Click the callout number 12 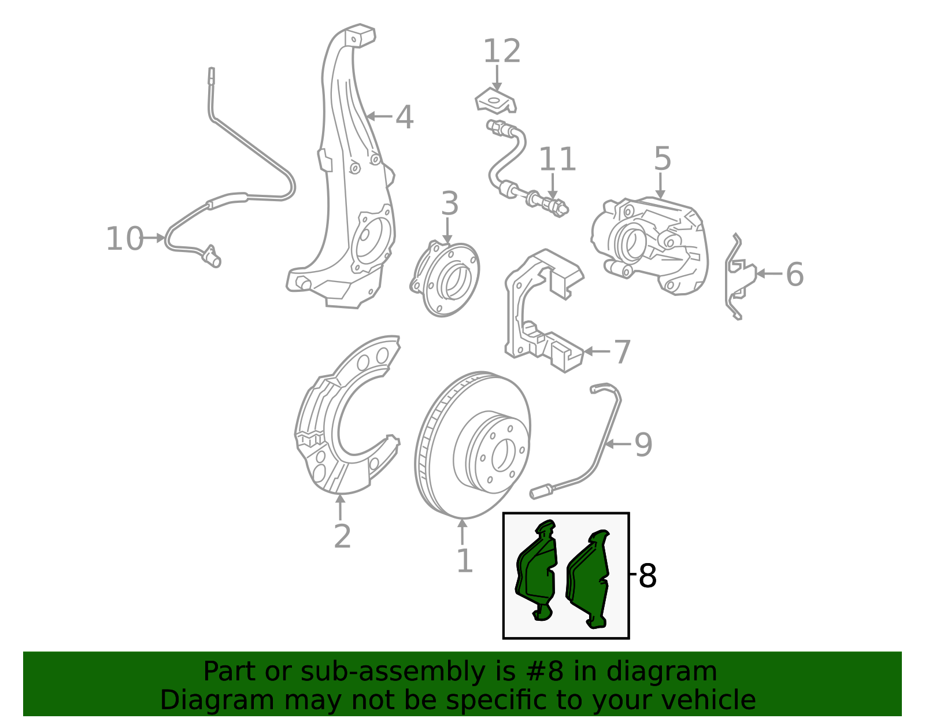point(502,51)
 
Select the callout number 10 point(124,238)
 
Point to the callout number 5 point(663,158)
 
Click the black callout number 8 point(647,576)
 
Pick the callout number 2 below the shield point(342,536)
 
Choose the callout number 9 point(643,445)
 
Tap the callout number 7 point(622,352)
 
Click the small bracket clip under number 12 point(496,101)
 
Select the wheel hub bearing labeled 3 point(445,280)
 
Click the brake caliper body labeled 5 point(650,246)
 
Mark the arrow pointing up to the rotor point(462,532)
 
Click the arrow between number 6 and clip point(769,273)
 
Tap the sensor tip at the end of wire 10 point(212,257)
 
